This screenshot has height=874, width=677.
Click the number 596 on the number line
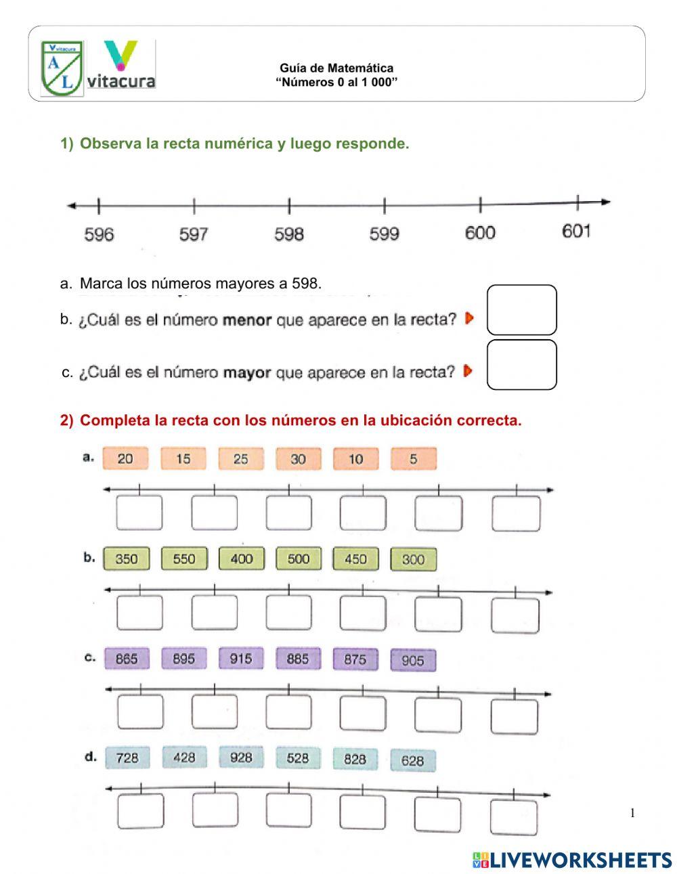click(99, 234)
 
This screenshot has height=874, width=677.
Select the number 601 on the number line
click(576, 232)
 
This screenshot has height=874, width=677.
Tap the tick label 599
click(384, 234)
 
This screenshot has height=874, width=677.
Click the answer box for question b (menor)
click(521, 310)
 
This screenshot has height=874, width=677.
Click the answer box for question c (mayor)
click(521, 365)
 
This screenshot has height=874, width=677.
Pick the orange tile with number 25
click(241, 459)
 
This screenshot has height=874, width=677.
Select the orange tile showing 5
click(413, 459)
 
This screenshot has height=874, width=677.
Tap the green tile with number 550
click(183, 559)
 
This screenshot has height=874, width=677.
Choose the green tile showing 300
click(413, 560)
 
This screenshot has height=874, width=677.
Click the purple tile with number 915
click(241, 659)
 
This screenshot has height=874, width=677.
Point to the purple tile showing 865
click(126, 659)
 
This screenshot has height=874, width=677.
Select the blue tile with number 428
click(183, 758)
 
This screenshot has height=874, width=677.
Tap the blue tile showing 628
click(412, 760)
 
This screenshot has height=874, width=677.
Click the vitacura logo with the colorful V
click(121, 66)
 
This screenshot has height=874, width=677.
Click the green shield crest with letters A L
click(62, 68)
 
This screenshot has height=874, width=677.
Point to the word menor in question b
click(246, 320)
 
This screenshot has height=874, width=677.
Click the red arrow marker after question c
click(468, 371)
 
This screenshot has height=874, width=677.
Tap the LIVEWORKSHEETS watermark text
click(572, 860)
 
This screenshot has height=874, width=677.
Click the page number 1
click(632, 813)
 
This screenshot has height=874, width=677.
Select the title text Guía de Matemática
click(336, 68)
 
